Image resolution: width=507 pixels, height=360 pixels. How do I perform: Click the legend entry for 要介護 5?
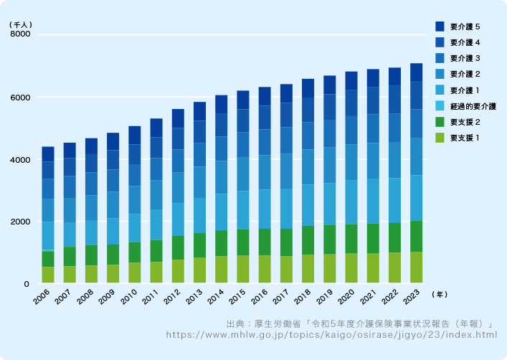(x=458, y=27)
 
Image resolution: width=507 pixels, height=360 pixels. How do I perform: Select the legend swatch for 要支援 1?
(x=440, y=138)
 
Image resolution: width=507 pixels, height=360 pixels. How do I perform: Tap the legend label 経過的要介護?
(x=473, y=106)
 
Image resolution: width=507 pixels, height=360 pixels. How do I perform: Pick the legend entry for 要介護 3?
(x=458, y=58)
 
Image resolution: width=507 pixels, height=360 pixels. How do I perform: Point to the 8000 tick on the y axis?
(x=20, y=34)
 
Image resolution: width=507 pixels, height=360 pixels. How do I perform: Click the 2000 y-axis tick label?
(x=20, y=222)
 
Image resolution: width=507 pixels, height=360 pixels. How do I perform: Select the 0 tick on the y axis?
(x=27, y=284)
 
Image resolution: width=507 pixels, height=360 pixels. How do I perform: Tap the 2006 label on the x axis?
(x=42, y=297)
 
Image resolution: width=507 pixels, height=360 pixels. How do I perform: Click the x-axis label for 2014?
(x=216, y=297)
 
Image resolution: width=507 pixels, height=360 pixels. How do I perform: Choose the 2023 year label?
(x=412, y=297)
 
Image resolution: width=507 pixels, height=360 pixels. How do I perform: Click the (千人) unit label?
(x=21, y=24)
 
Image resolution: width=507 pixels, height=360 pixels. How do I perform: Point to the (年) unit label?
(x=440, y=294)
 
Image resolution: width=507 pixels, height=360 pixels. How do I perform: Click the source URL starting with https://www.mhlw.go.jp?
(x=331, y=334)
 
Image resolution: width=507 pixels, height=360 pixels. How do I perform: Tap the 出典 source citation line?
(x=359, y=323)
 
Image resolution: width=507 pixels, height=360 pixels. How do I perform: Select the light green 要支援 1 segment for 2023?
(x=417, y=267)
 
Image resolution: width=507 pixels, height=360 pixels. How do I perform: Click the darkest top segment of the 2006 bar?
(x=48, y=154)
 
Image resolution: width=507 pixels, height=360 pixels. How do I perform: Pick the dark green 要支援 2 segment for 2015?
(x=243, y=242)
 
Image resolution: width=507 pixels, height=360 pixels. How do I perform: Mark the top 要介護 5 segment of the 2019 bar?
(x=329, y=85)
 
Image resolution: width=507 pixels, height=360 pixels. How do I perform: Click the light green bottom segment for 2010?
(x=135, y=273)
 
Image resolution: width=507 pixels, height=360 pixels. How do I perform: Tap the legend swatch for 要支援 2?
(x=440, y=122)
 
